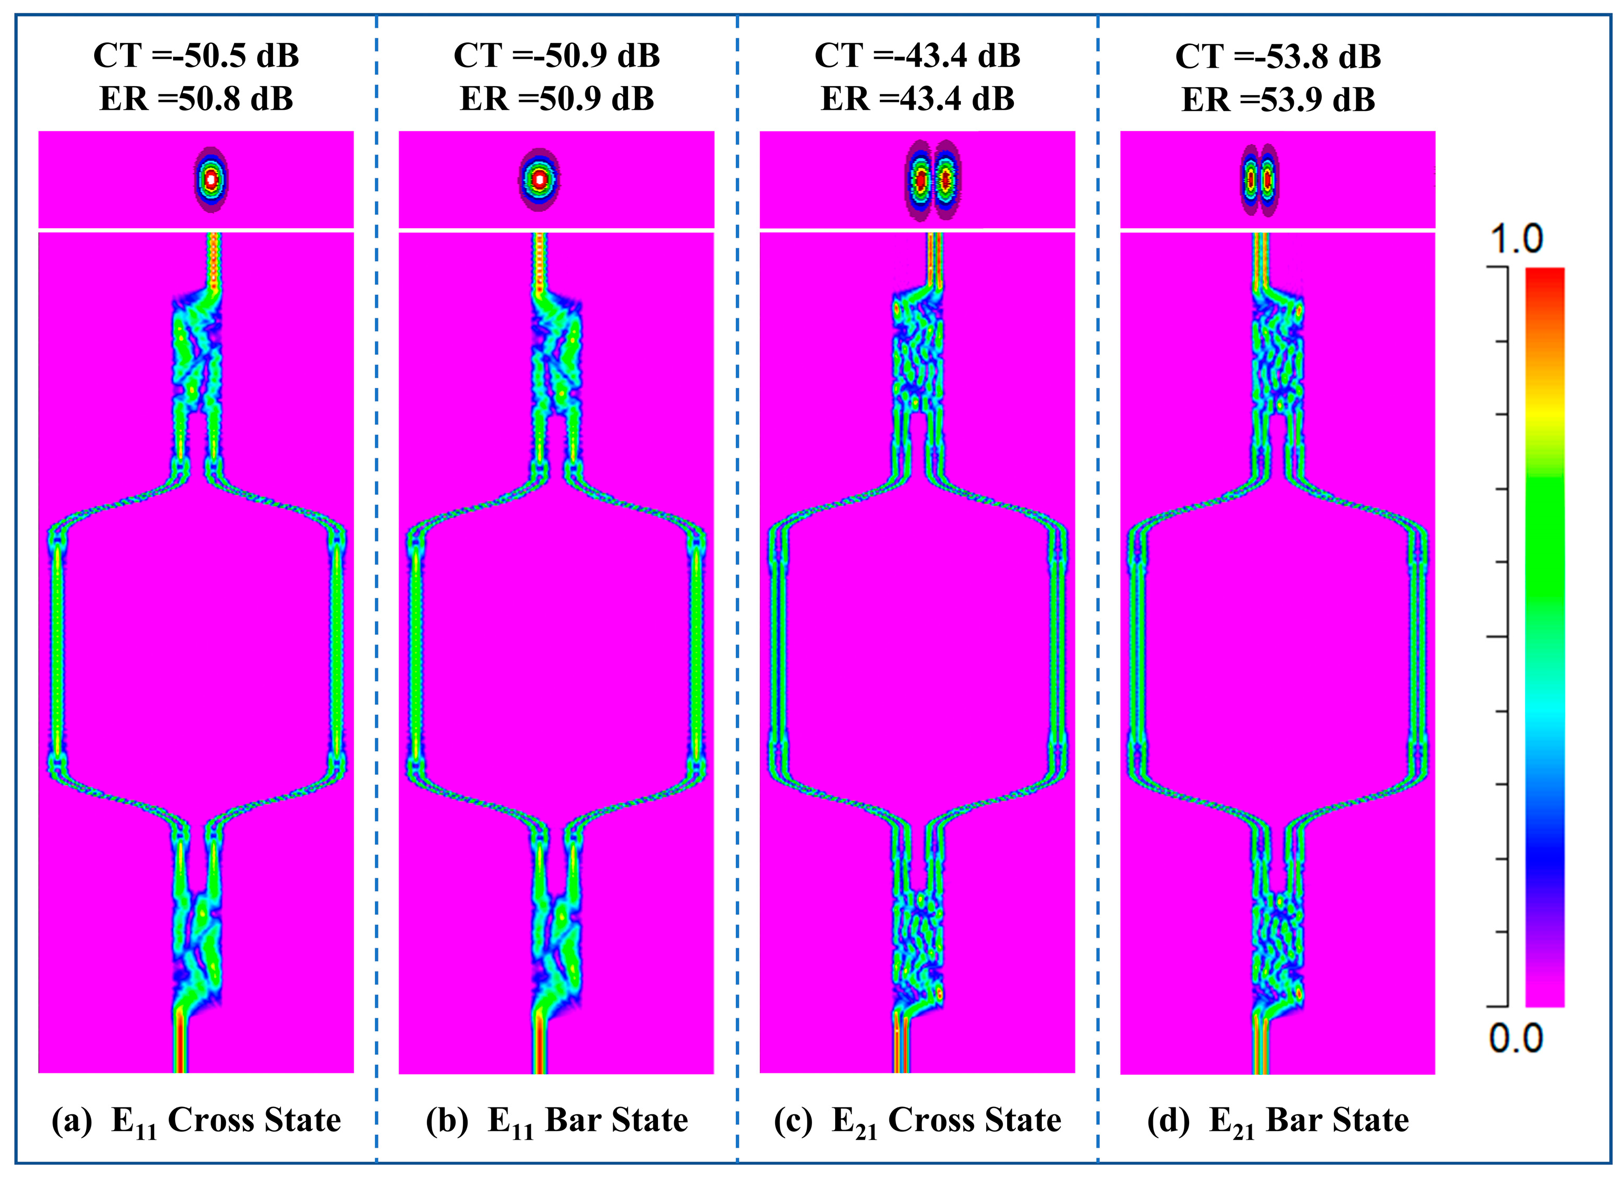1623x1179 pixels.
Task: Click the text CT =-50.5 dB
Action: point(196,56)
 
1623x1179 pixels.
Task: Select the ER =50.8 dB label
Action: point(196,99)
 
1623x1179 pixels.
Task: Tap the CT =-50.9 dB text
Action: point(557,56)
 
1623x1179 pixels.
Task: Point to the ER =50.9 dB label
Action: point(557,99)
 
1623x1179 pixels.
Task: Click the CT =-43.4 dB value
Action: point(917,56)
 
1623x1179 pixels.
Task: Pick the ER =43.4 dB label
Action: point(917,99)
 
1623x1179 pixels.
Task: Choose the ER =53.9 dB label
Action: point(1278,99)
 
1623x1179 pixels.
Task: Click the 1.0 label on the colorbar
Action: point(1516,239)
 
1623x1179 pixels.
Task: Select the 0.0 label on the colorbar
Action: point(1516,1038)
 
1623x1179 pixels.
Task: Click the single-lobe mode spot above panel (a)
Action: point(211,180)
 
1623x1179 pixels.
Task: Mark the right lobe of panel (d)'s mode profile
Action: point(1268,180)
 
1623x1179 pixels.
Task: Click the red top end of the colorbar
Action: point(1544,275)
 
